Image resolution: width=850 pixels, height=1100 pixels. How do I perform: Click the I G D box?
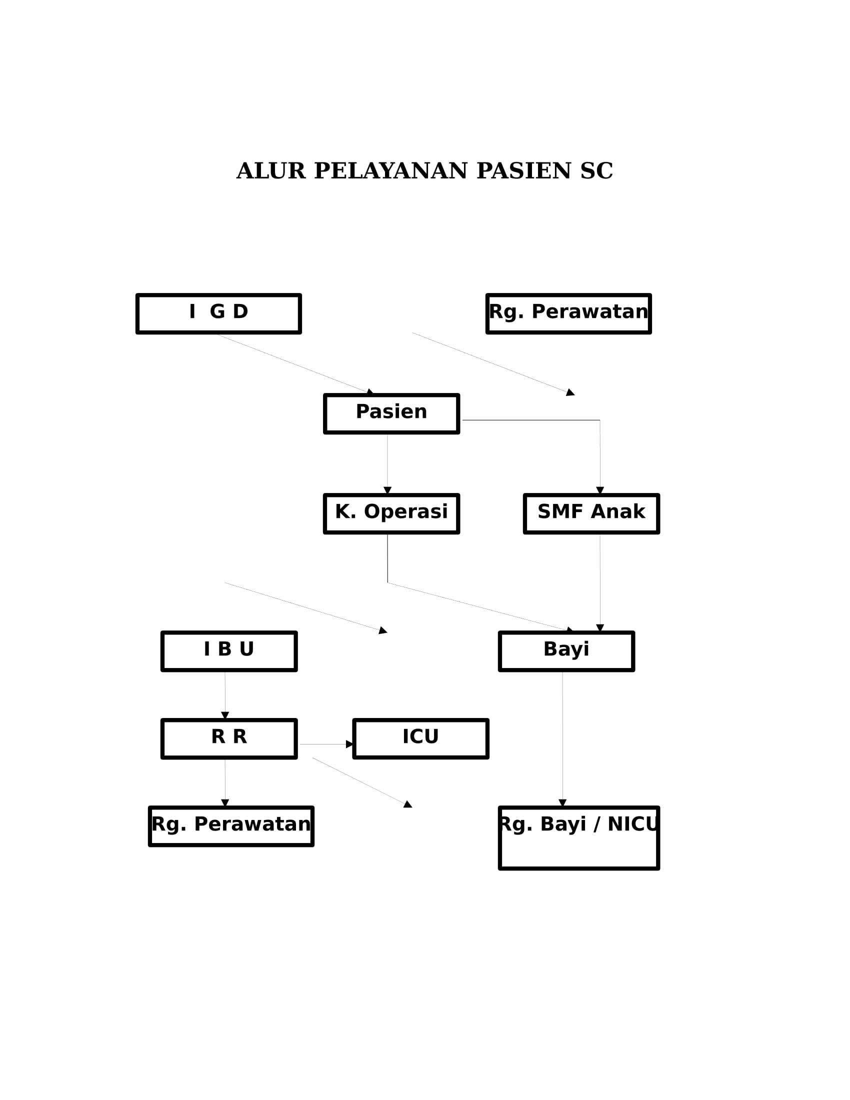point(218,314)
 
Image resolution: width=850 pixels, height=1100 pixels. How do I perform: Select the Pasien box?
point(391,413)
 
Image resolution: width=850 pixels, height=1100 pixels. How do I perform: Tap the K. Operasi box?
point(391,513)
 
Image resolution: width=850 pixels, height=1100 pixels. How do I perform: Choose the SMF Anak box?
point(591,513)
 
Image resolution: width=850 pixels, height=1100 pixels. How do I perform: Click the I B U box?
point(229,651)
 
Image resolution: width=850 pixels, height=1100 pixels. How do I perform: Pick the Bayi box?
point(566,651)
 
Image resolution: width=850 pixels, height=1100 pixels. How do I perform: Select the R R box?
point(229,738)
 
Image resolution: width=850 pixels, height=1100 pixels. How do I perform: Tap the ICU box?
point(421,738)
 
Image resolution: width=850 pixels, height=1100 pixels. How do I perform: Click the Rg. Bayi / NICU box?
point(579,837)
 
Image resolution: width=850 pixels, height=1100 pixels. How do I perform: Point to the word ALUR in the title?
point(271,171)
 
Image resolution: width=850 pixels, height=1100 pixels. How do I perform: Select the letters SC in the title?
point(596,171)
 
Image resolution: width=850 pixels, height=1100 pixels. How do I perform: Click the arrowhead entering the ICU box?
point(350,744)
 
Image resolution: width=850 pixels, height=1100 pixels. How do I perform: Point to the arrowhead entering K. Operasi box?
point(387,490)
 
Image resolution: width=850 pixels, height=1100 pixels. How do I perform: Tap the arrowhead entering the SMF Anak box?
point(599,490)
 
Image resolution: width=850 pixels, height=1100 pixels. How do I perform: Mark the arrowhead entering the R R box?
point(225,715)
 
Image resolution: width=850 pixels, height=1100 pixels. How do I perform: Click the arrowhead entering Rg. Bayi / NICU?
point(562,803)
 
